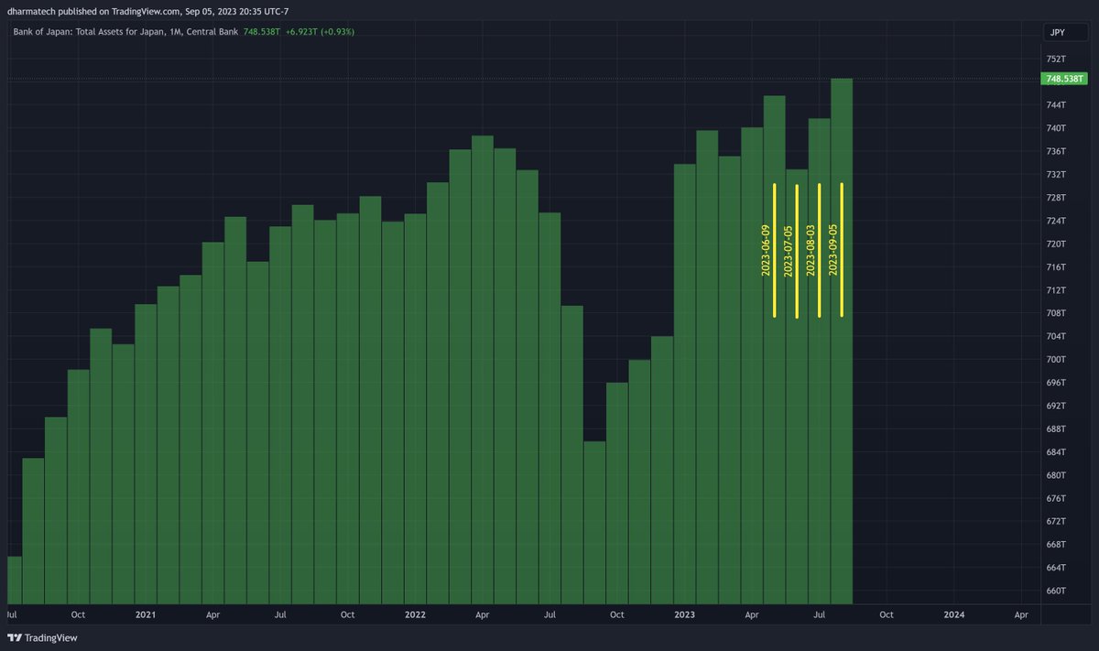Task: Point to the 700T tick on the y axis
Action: pos(1056,359)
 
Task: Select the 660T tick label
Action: pos(1056,591)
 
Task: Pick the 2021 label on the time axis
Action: pos(146,614)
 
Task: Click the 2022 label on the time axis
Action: pos(415,614)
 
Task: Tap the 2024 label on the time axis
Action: pos(953,614)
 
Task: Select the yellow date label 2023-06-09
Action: pos(767,249)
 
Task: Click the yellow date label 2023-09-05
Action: pos(832,249)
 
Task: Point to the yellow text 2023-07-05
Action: pos(789,249)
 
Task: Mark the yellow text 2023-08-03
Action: pos(811,249)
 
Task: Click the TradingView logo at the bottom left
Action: pos(42,637)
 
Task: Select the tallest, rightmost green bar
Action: pos(842,339)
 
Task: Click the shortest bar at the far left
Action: pos(14,577)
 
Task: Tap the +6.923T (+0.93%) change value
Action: pos(320,32)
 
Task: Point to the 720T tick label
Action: pos(1056,244)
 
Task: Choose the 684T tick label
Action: pos(1056,451)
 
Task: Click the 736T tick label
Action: pos(1056,151)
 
